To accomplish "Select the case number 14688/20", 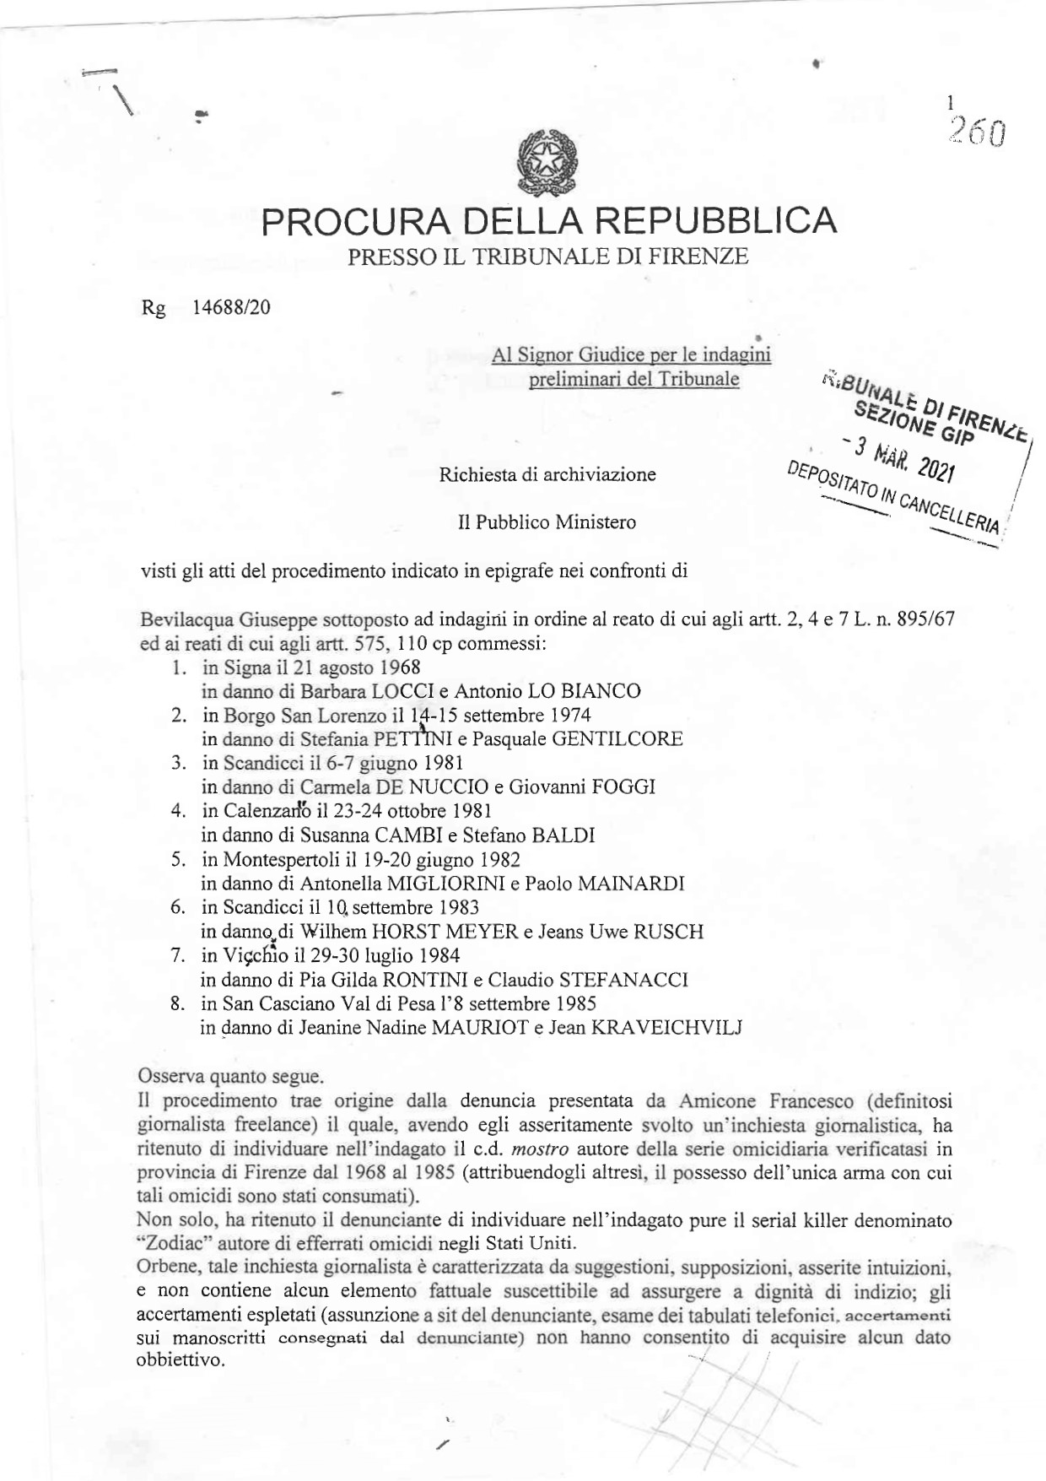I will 231,307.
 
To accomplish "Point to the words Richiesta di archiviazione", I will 547,474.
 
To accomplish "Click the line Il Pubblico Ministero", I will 547,522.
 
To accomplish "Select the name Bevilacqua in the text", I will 175,619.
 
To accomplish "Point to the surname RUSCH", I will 667,932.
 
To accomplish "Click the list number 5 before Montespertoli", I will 177,860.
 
